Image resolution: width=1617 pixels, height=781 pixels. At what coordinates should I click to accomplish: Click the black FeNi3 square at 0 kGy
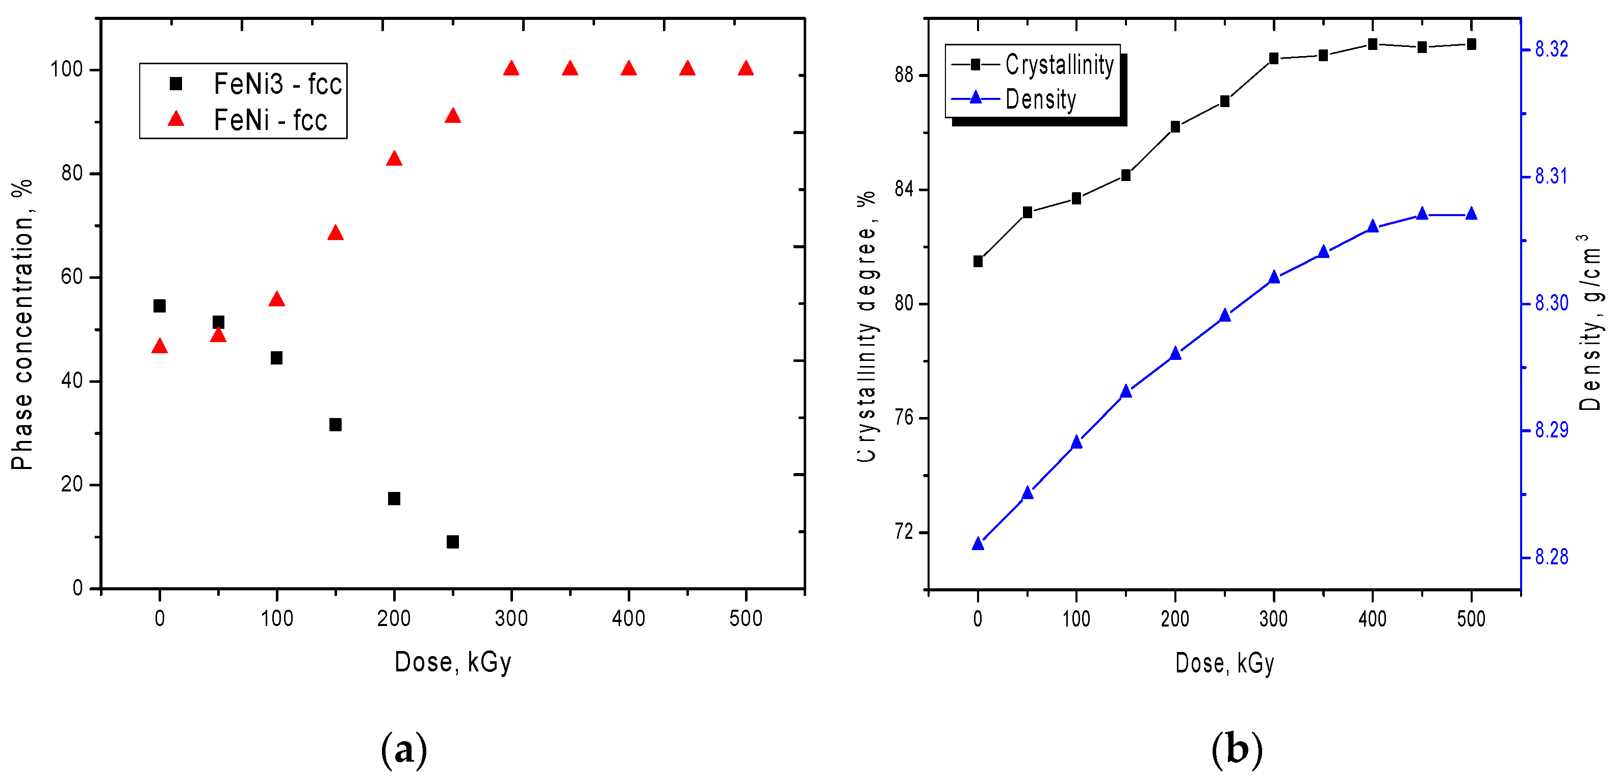tap(160, 306)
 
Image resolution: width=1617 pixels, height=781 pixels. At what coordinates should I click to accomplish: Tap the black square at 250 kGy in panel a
tap(453, 541)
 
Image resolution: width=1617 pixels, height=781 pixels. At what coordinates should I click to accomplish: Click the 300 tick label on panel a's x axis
tap(511, 618)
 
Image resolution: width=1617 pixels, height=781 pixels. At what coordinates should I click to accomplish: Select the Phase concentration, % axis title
tap(22, 325)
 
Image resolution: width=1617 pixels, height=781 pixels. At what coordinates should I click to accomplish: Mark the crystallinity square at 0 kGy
tap(978, 261)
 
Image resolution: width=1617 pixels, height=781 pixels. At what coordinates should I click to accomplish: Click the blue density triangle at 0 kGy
tap(978, 544)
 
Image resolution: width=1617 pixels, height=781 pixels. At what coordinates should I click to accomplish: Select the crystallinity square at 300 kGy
tap(1274, 58)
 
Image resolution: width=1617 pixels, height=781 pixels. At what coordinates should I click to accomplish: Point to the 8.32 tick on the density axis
tap(1551, 49)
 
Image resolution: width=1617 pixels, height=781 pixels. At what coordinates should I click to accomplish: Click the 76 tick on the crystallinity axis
tap(904, 418)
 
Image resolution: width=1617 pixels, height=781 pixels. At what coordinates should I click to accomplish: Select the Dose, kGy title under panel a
tap(453, 662)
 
